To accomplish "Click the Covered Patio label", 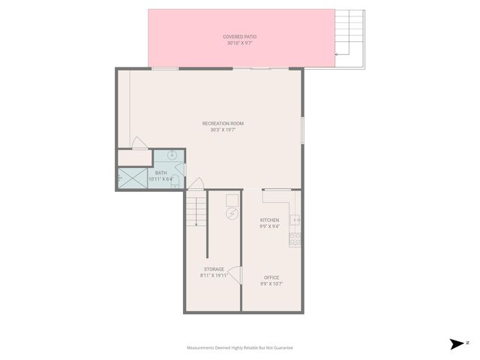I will tap(240, 36).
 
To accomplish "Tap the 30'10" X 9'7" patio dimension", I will tap(240, 43).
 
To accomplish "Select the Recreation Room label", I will tap(223, 123).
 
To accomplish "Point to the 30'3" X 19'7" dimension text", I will tap(223, 130).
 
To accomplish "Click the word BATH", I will tap(161, 172).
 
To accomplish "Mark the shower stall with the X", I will tap(132, 178).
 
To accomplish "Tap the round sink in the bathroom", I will tap(172, 154).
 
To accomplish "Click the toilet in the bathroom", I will tap(175, 185).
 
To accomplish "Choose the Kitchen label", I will tap(269, 220).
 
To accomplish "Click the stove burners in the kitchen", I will tap(295, 239).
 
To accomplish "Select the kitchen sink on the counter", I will tap(295, 220).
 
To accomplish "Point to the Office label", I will tap(271, 277).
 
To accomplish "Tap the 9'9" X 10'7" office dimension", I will tap(271, 284).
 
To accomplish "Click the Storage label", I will tap(214, 269).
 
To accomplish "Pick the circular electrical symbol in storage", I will tap(232, 214).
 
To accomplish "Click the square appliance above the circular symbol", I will tap(232, 199).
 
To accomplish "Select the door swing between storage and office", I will tap(235, 276).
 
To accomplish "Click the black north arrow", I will tap(456, 344).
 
